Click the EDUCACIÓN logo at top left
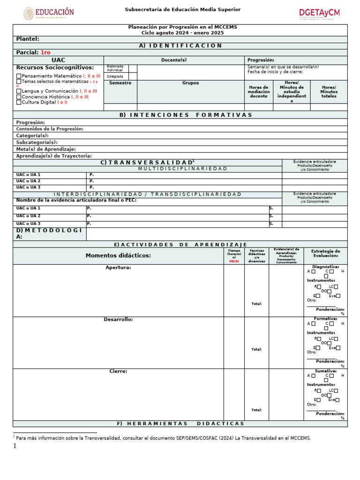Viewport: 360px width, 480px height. pos(49,13)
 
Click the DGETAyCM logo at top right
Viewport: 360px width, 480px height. pos(319,13)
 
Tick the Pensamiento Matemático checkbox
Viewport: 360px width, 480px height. pos(19,76)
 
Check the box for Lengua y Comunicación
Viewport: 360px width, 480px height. pos(19,91)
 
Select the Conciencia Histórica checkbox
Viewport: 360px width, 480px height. pos(19,97)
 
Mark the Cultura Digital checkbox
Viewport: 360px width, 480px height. pos(19,102)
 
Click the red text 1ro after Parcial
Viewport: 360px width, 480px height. pos(45,52)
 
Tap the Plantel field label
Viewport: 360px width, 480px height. pos(28,39)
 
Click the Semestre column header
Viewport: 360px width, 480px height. pos(120,83)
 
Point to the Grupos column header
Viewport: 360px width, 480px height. pos(190,83)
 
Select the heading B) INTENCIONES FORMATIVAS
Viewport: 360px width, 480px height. pos(180,115)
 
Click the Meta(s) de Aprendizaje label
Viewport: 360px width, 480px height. pos(46,149)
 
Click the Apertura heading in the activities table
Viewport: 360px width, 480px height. pos(118,268)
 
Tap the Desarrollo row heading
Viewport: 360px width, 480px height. pos(118,320)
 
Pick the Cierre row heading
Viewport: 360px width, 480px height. pos(118,371)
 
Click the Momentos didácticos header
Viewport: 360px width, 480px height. pos(118,255)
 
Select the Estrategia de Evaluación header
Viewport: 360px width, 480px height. pos(325,253)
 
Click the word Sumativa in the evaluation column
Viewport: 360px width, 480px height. pos(325,371)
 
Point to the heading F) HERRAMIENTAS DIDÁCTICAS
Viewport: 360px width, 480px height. pos(180,424)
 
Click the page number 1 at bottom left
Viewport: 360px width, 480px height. pos(15,446)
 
